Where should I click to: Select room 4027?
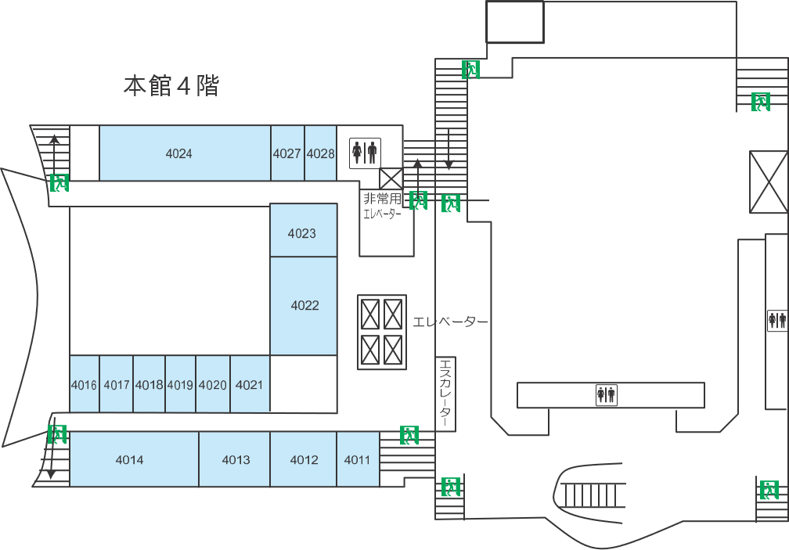[x=287, y=153]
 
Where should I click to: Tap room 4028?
[x=320, y=153]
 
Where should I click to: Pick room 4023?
[x=302, y=233]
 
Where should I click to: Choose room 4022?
[x=304, y=305]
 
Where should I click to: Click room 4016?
[x=84, y=385]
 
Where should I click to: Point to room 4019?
[x=180, y=385]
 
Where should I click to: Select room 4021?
[x=249, y=385]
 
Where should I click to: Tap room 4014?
[x=130, y=460]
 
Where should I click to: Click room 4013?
[x=236, y=460]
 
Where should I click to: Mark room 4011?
[x=357, y=460]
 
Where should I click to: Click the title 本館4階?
[x=171, y=86]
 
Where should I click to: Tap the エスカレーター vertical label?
[x=445, y=394]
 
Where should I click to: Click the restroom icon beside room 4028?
[x=365, y=153]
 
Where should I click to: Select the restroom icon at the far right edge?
[x=776, y=320]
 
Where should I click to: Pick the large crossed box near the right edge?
[x=768, y=181]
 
